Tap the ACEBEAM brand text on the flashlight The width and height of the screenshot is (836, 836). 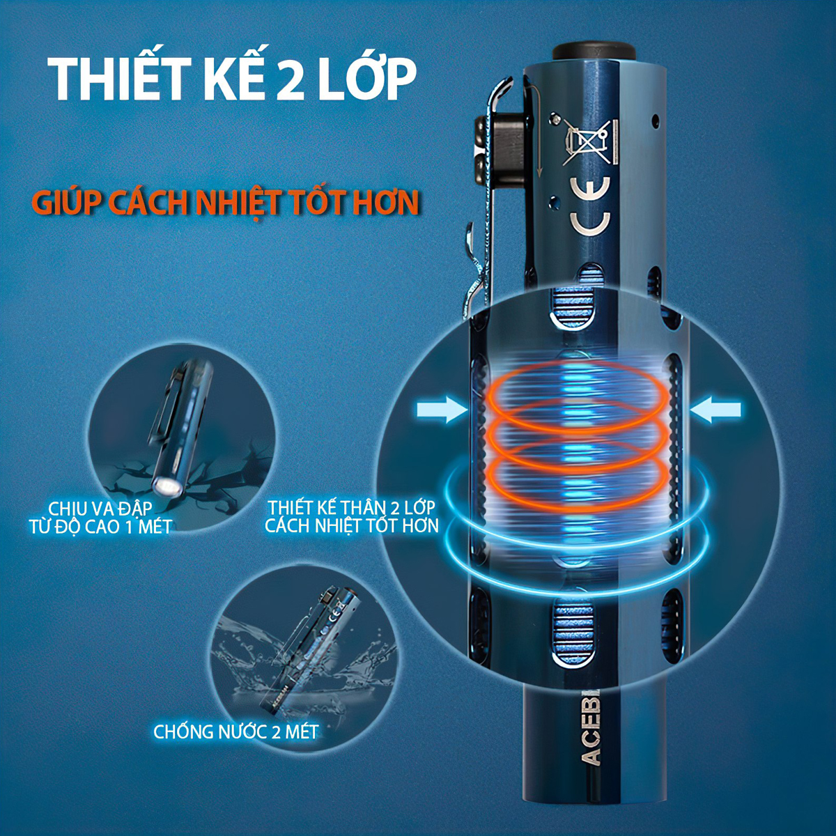click(x=591, y=728)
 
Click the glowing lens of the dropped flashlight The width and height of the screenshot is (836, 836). click(x=167, y=486)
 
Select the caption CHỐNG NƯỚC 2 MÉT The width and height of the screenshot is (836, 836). click(x=235, y=732)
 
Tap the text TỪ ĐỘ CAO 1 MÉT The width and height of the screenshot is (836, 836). click(x=100, y=526)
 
